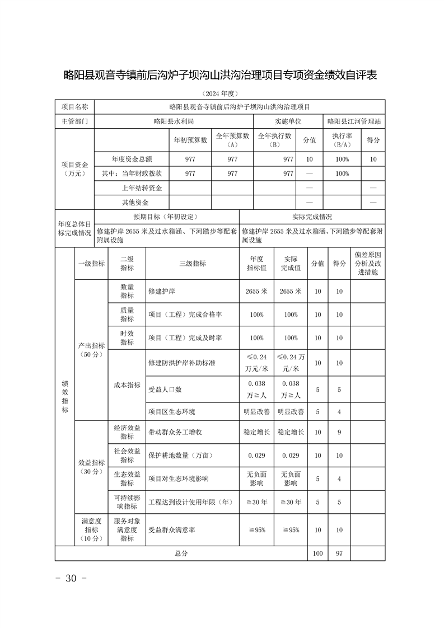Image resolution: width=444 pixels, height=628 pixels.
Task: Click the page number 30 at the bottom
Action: tap(71, 578)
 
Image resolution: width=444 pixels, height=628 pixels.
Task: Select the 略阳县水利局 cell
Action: tap(174, 121)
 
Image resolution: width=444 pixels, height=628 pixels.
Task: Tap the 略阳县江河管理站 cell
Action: tap(354, 121)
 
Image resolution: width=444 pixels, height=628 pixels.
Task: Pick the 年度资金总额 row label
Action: tap(132, 160)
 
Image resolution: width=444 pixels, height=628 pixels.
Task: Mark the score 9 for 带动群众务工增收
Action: tap(339, 432)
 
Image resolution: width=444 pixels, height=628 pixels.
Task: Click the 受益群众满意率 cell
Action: tap(171, 529)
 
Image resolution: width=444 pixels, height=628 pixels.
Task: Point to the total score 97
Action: tap(339, 553)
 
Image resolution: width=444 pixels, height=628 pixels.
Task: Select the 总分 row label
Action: tap(181, 553)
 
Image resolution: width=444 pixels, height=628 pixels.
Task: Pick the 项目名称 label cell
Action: tap(74, 106)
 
